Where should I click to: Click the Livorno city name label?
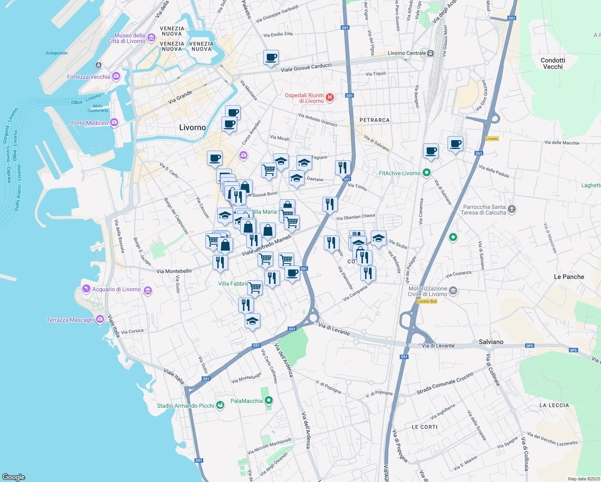192,128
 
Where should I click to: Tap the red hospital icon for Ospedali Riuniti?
330,98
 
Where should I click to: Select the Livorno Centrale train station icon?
430,53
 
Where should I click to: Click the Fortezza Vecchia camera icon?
116,76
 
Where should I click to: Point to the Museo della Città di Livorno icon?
151,38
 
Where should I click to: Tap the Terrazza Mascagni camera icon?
100,320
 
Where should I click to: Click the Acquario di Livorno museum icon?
148,290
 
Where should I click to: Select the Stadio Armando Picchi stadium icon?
220,405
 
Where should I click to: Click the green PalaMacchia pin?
269,400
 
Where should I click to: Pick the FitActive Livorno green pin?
427,173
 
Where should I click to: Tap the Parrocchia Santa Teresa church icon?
511,209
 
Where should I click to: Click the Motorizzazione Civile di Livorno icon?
453,291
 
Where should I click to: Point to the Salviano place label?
491,342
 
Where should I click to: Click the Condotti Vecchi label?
553,63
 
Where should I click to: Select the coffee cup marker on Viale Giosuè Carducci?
271,58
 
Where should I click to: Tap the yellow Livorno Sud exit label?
427,301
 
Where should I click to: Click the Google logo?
14,477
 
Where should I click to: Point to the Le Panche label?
569,277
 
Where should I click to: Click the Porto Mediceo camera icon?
114,123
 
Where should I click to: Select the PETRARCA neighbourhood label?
374,120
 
